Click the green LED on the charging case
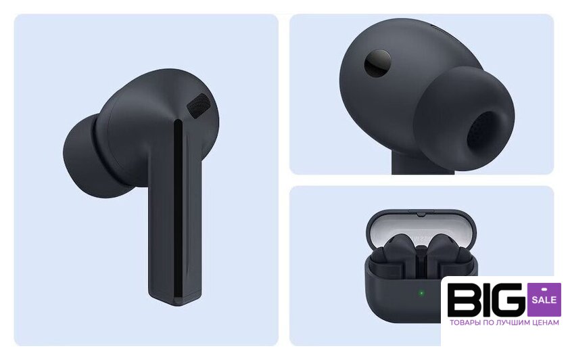(421, 293)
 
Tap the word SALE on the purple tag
(544, 300)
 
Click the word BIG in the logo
(486, 300)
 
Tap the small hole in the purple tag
(544, 289)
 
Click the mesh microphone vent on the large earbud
(199, 106)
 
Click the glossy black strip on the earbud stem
(179, 210)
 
